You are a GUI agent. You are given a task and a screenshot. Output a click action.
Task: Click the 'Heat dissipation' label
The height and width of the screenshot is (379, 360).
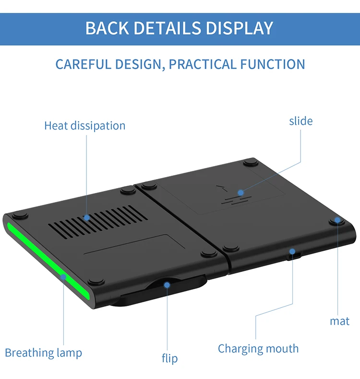[x=84, y=126]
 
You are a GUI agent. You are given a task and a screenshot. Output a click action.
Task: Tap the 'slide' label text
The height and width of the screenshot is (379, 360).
[x=300, y=120]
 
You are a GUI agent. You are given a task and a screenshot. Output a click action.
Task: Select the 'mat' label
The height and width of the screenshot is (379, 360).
[x=339, y=321]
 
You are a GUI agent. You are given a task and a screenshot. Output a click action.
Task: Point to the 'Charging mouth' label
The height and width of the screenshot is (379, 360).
[x=258, y=348]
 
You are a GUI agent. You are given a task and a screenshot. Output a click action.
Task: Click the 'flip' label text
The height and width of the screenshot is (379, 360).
[x=169, y=358]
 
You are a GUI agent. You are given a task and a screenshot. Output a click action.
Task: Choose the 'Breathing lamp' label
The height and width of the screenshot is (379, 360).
[x=43, y=353]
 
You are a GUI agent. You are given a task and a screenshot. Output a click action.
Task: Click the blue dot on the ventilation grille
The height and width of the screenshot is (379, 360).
[x=87, y=217]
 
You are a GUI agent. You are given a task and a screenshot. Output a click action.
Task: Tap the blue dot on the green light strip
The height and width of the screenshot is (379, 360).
[x=63, y=276]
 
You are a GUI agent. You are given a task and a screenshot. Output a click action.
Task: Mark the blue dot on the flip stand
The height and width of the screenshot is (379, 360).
[x=167, y=284]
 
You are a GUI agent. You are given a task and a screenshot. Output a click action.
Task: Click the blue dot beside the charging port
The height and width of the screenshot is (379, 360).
[x=292, y=250]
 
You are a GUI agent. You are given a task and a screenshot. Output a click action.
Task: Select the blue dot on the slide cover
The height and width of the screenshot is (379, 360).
[x=240, y=193]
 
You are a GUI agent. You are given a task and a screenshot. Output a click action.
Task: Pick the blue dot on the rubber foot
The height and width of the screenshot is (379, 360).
[x=337, y=220]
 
